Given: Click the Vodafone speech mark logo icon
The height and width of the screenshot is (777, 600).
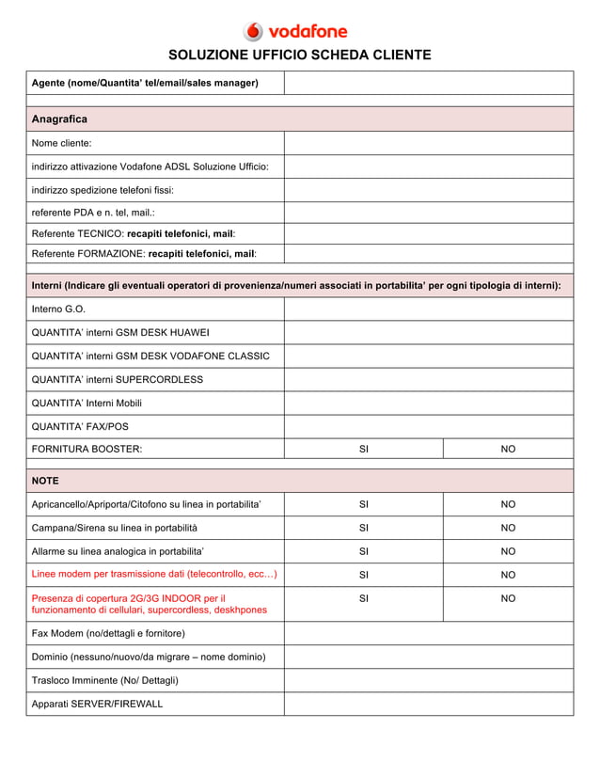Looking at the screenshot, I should [x=254, y=31].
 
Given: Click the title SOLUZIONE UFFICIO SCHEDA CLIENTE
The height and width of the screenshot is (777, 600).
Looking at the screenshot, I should [x=299, y=55].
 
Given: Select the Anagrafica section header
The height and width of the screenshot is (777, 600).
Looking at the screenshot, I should [x=59, y=119].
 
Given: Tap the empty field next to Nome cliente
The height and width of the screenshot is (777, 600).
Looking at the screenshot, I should [x=428, y=143].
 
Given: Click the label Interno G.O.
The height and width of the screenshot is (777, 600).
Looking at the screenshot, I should [x=59, y=309].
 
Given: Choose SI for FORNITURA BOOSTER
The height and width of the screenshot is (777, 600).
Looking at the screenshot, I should [x=364, y=450].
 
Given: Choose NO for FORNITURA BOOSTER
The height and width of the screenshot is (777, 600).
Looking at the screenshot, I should [x=508, y=450].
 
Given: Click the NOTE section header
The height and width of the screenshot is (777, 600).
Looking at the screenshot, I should [x=45, y=481].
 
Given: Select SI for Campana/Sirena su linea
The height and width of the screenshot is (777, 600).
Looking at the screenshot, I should [x=364, y=528].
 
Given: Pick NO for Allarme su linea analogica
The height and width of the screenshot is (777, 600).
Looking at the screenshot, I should [x=508, y=551].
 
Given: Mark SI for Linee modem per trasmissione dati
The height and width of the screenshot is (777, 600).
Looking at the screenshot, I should [x=364, y=575].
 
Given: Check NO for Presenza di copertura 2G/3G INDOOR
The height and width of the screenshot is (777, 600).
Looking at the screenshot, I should [x=508, y=598].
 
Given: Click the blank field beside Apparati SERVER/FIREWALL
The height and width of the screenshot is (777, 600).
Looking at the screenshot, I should [x=428, y=704].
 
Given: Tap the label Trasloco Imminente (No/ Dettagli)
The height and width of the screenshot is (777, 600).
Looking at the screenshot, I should [x=105, y=680].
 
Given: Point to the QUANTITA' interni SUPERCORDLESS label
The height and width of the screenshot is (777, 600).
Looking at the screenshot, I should [x=118, y=380].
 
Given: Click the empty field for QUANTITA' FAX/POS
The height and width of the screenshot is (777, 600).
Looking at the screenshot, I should [x=428, y=427].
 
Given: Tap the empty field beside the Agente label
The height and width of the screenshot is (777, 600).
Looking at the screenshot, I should [x=428, y=83].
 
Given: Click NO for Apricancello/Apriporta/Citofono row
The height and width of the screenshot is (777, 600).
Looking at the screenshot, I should [x=508, y=504].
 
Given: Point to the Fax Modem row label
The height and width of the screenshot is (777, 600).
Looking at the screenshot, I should [x=108, y=633].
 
